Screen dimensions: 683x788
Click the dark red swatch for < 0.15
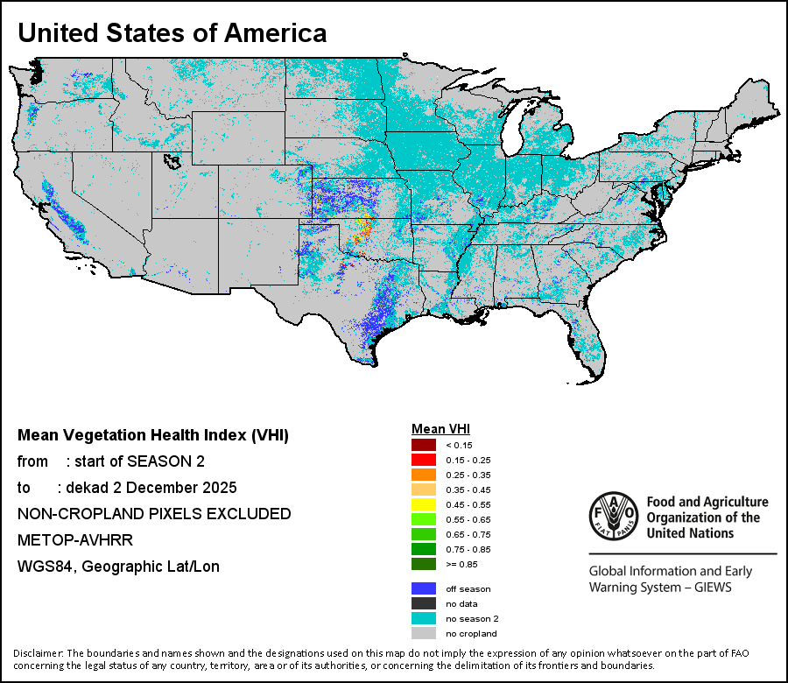pos(424,445)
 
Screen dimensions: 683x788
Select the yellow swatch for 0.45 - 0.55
pos(424,504)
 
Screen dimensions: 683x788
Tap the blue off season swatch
pos(424,588)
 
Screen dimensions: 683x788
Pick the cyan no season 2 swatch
pos(424,618)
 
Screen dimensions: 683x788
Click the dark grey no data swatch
pos(424,603)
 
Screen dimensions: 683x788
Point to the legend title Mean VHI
pos(440,429)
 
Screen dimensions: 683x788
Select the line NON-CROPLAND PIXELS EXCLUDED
pos(154,513)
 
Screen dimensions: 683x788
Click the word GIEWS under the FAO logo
pos(709,587)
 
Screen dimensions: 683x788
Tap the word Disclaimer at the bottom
pos(38,653)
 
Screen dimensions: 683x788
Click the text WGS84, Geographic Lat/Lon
pos(118,567)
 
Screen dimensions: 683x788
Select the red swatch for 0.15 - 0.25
pos(424,460)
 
